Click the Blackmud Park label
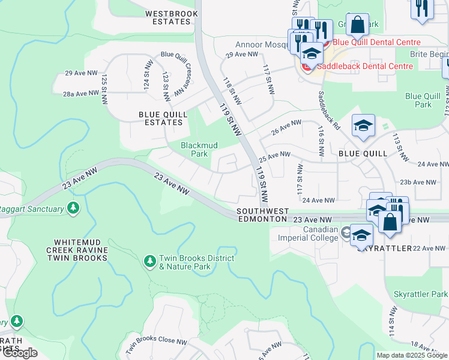199,149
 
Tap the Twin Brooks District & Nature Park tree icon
149,261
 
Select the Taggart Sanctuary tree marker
73,209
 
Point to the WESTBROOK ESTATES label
168,17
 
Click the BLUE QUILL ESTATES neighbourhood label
160,118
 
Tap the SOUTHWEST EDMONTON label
263,215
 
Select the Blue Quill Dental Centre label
376,42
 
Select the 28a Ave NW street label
81,94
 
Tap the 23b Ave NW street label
418,182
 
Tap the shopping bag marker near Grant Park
358,25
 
